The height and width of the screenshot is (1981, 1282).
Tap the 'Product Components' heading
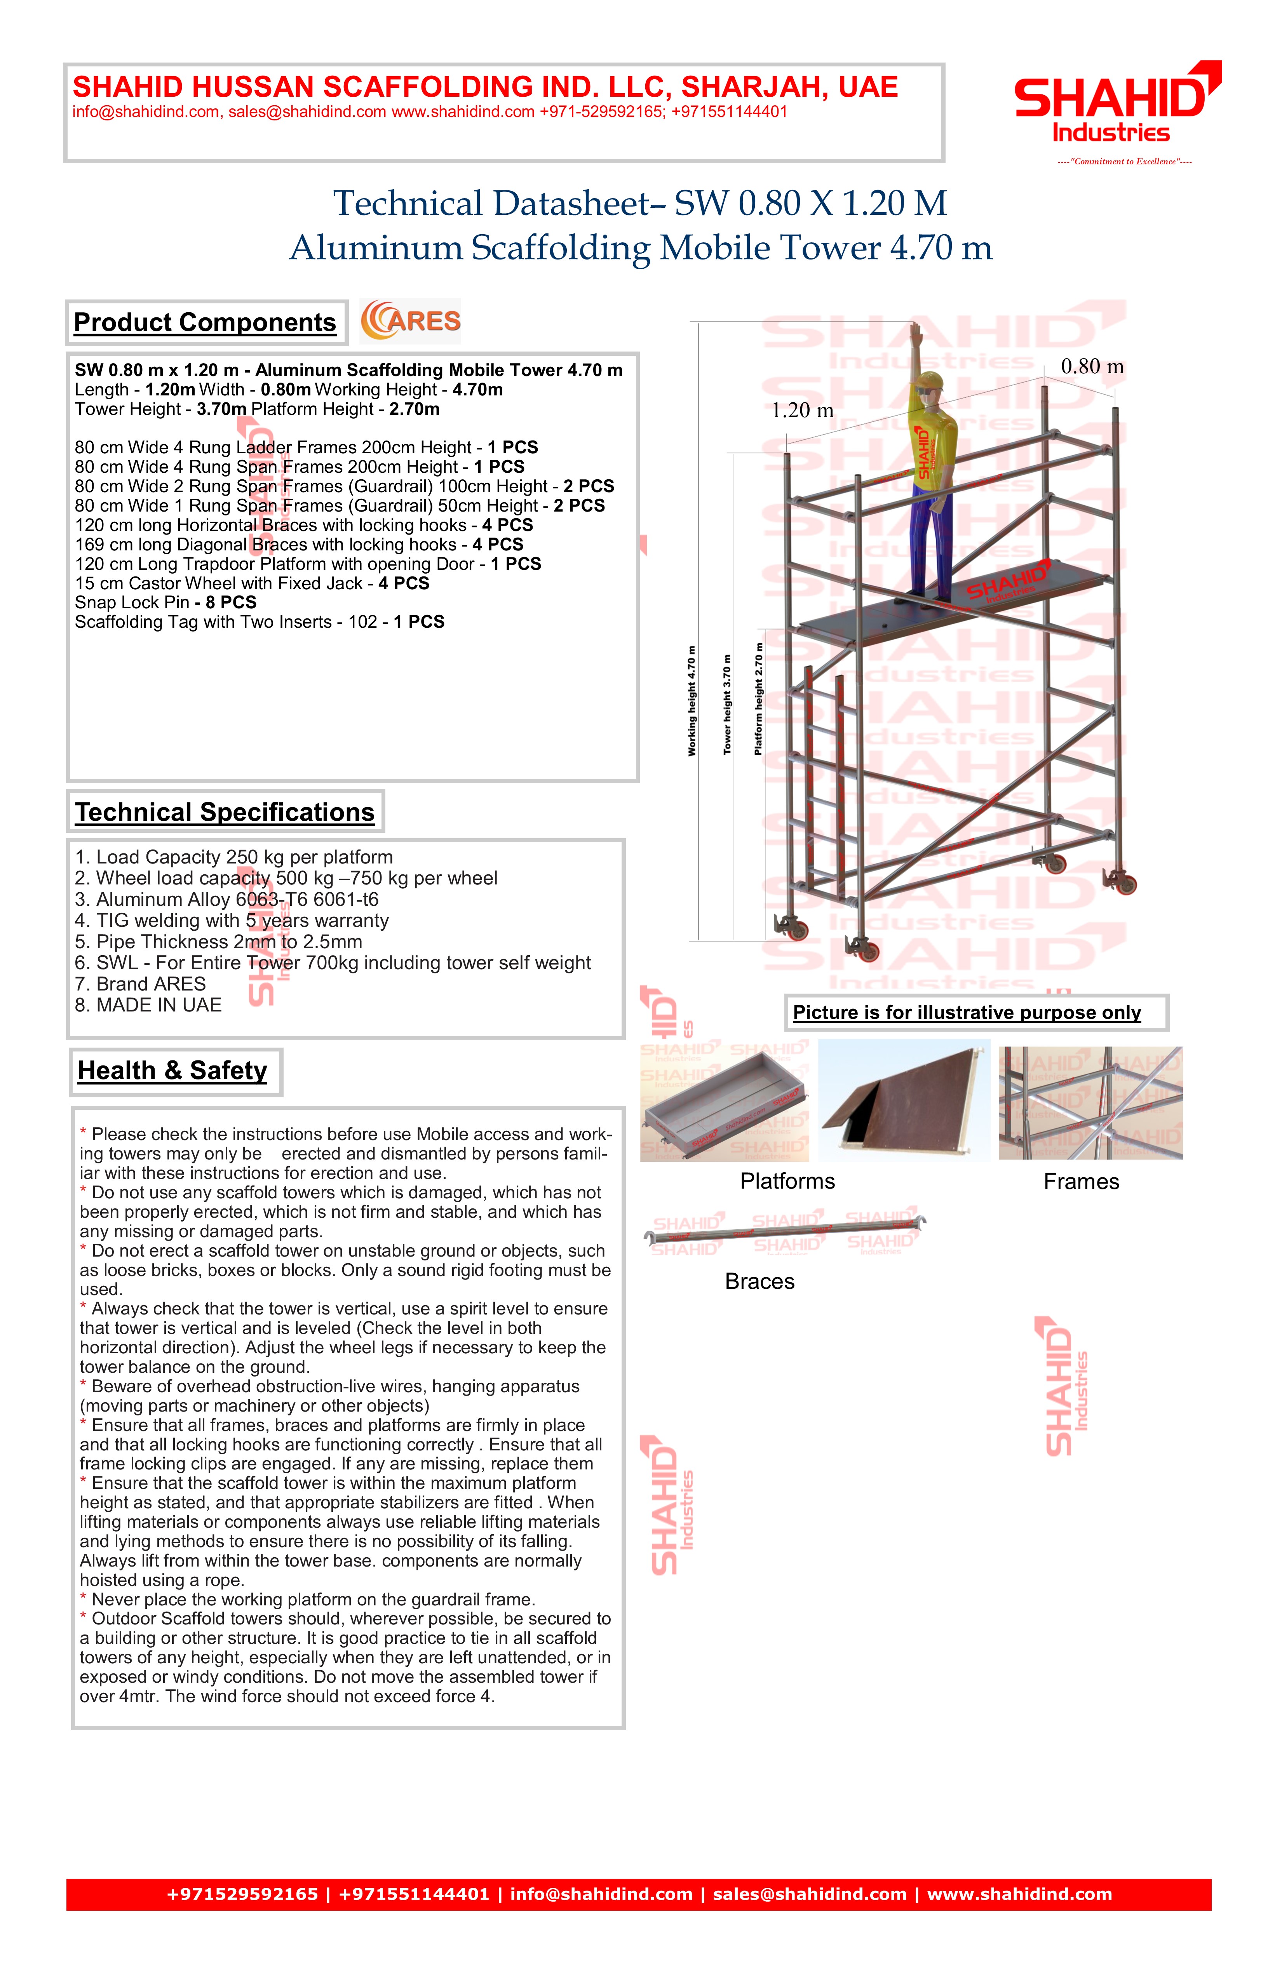point(205,322)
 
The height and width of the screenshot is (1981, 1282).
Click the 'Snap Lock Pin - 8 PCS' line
point(165,602)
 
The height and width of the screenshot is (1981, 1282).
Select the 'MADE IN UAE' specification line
point(148,1006)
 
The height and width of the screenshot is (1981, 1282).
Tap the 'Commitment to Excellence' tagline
point(1124,162)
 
